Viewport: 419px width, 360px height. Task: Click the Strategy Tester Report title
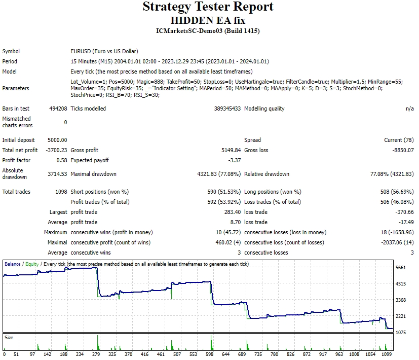tap(208, 7)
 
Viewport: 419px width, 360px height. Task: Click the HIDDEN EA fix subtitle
tap(208, 20)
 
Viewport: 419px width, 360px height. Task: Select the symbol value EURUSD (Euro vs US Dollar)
tap(104, 51)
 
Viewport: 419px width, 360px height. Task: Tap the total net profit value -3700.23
tap(56, 150)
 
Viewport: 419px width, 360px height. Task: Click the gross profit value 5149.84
tap(229, 150)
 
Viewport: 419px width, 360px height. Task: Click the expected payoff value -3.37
tap(234, 160)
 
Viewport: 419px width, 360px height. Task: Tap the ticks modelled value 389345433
tap(227, 109)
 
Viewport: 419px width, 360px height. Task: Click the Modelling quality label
tap(264, 109)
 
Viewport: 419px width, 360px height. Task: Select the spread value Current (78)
tap(399, 140)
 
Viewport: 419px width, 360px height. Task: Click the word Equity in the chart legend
tap(32, 264)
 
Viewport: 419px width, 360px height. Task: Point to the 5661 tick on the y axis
tap(401, 268)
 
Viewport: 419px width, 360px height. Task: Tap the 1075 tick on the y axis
tap(401, 333)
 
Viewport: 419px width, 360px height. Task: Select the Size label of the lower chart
tap(9, 337)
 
